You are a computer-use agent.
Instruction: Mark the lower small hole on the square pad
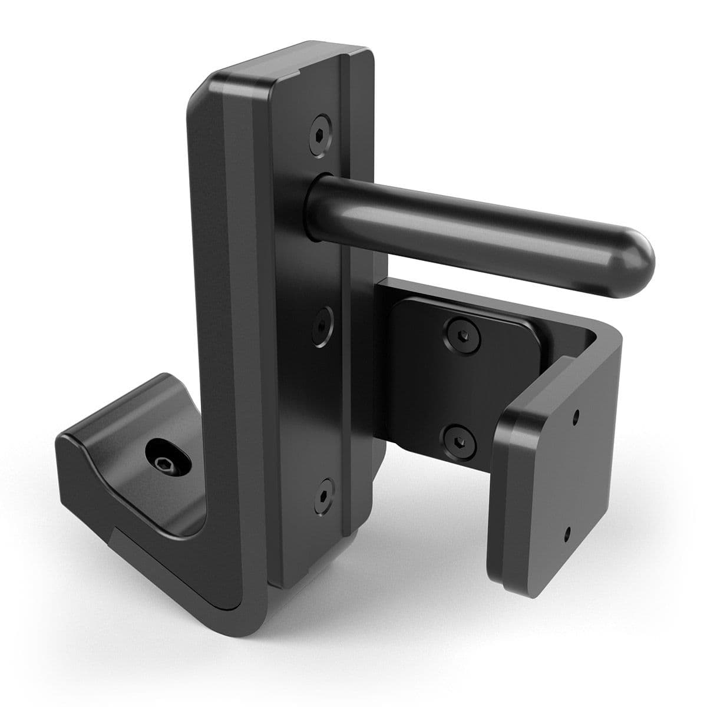coord(567,534)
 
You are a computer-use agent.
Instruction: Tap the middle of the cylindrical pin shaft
coord(471,227)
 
